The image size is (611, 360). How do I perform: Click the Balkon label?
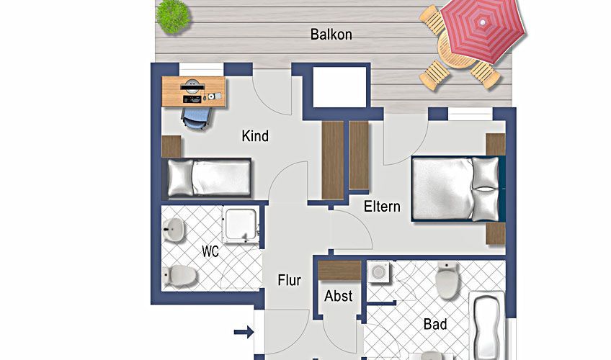pyautogui.click(x=331, y=35)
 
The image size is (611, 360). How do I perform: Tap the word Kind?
pyautogui.click(x=255, y=136)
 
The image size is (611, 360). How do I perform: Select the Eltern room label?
pyautogui.click(x=382, y=206)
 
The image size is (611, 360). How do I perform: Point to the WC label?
pyautogui.click(x=210, y=251)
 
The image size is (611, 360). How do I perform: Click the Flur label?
pyautogui.click(x=289, y=280)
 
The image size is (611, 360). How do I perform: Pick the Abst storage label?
pyautogui.click(x=338, y=296)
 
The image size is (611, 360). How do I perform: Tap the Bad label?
pyautogui.click(x=435, y=324)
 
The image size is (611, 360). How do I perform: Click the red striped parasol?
pyautogui.click(x=483, y=30)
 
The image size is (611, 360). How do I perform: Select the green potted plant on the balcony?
pyautogui.click(x=174, y=17)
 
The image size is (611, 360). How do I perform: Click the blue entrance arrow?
pyautogui.click(x=244, y=333)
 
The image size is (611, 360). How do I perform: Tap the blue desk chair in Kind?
pyautogui.click(x=196, y=117)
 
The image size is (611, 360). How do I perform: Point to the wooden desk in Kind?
pyautogui.click(x=194, y=91)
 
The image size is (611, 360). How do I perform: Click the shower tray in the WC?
pyautogui.click(x=241, y=225)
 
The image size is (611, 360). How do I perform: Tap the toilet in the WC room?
pyautogui.click(x=179, y=276)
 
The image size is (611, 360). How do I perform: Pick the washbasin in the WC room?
pyautogui.click(x=173, y=230)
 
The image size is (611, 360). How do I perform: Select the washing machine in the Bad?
pyautogui.click(x=378, y=272)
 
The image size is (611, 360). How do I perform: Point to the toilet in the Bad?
pyautogui.click(x=447, y=280)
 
